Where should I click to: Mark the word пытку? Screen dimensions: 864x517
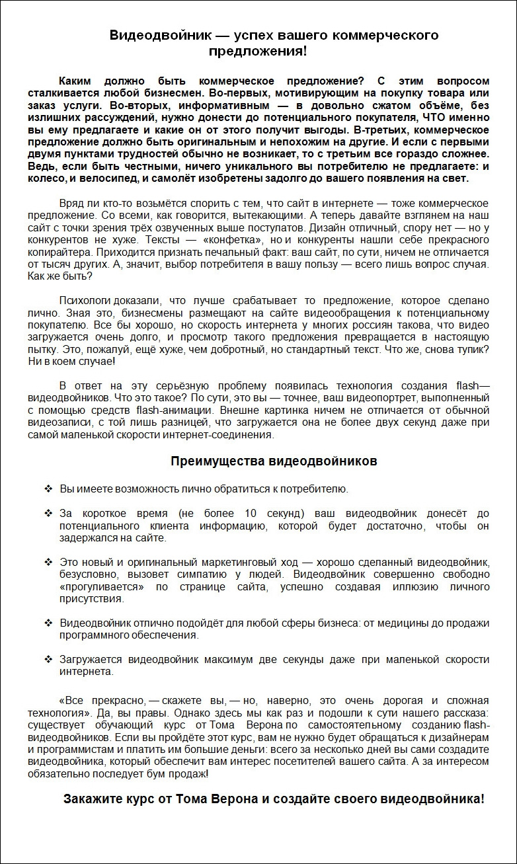[41, 350]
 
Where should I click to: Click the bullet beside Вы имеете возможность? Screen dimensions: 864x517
[48, 489]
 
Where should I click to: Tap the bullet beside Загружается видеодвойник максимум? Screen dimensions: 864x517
[48, 660]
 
